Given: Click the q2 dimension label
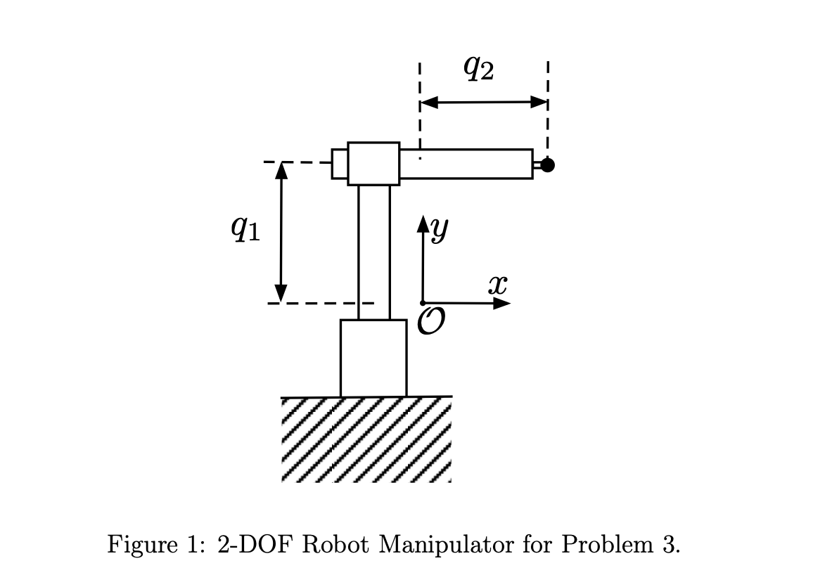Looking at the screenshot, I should (x=479, y=68).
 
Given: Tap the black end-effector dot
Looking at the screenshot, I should (x=548, y=165).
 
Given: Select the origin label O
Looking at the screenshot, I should (x=430, y=321).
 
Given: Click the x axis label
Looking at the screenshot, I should (x=497, y=284).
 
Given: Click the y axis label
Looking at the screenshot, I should (x=441, y=228).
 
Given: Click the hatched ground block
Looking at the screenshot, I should (x=366, y=439).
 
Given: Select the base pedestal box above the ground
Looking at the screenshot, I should (x=373, y=358).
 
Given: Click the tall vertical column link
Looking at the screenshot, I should (x=374, y=252).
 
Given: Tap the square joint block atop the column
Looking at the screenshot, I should (x=373, y=164).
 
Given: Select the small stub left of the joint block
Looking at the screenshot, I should (x=340, y=164).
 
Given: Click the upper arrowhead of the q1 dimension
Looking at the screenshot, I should (x=281, y=171).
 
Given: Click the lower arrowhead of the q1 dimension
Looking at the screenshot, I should (x=281, y=293).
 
